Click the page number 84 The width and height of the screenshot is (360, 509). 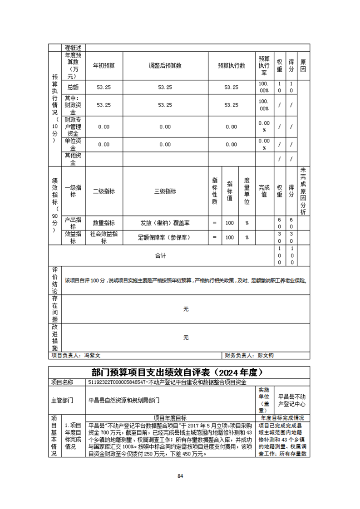tap(180, 476)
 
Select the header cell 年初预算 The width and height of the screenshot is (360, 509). tap(104, 66)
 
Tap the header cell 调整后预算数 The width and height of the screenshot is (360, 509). tap(165, 66)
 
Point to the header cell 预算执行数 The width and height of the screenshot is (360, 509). tap(231, 66)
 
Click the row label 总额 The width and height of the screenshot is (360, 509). tap(73, 87)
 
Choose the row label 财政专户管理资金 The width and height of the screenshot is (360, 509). tap(73, 127)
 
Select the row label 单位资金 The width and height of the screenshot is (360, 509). tap(73, 144)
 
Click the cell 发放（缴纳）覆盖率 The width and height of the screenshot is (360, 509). tap(165, 223)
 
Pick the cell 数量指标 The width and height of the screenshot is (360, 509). tap(104, 223)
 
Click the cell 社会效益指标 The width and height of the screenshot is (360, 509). tap(104, 237)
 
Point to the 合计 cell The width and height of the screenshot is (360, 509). tap(160, 256)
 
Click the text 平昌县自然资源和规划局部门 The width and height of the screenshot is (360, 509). tap(123, 400)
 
